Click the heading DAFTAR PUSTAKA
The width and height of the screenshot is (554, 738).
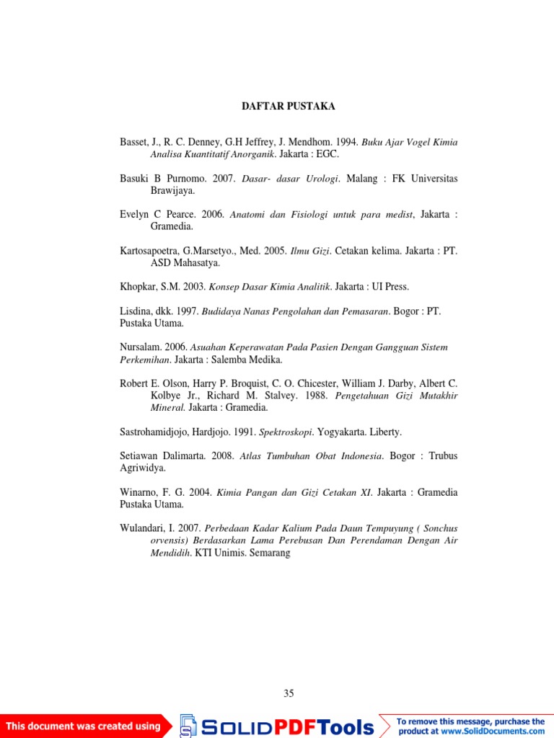click(288, 107)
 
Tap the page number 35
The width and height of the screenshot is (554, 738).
click(289, 694)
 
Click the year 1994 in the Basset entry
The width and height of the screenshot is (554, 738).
click(346, 142)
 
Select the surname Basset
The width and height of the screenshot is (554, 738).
click(133, 142)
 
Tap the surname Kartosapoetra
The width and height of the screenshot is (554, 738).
click(153, 251)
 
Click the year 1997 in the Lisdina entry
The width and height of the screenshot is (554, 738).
click(187, 311)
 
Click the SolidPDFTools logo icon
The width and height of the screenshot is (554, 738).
click(188, 725)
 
